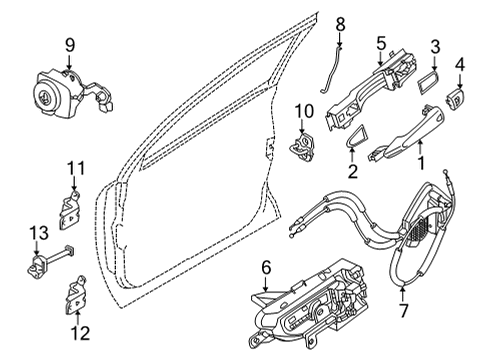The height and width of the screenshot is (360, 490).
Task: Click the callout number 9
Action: click(70, 44)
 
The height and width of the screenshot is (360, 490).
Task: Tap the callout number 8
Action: click(339, 22)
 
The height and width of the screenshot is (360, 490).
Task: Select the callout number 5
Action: click(381, 44)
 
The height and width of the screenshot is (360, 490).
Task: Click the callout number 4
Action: click(460, 66)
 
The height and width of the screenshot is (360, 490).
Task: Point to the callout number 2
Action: click(352, 171)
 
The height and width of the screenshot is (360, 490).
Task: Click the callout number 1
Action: click(421, 160)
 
